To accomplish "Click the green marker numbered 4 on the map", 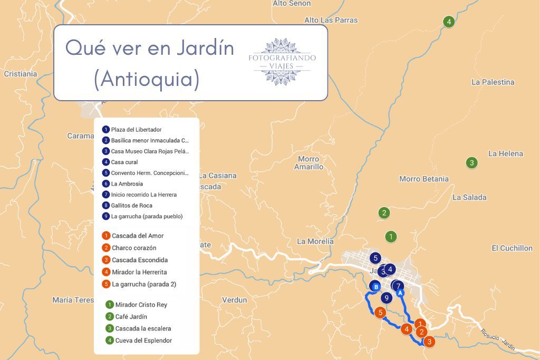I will [x=449, y=22].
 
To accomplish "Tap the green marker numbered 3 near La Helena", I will [x=472, y=162].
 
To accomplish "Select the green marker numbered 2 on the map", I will [x=384, y=213].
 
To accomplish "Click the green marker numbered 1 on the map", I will [x=391, y=237].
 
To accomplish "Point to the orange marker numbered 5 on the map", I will [x=380, y=313].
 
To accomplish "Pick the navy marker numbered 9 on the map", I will [x=387, y=298].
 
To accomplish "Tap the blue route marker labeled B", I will [x=375, y=287].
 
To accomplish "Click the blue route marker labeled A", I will [x=400, y=293].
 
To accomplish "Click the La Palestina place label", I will [x=493, y=82].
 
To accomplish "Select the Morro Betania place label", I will [x=423, y=179].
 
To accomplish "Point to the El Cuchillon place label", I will [x=512, y=248].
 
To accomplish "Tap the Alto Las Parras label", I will [x=331, y=20].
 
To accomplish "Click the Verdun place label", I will [x=234, y=300].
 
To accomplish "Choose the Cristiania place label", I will [x=21, y=74].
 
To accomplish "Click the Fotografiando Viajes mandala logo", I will [x=282, y=62].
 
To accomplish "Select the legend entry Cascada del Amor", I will [x=138, y=236].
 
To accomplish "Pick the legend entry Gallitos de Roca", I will [x=131, y=206].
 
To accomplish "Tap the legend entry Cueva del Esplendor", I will [x=143, y=340].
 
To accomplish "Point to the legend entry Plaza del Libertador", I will [x=136, y=130].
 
